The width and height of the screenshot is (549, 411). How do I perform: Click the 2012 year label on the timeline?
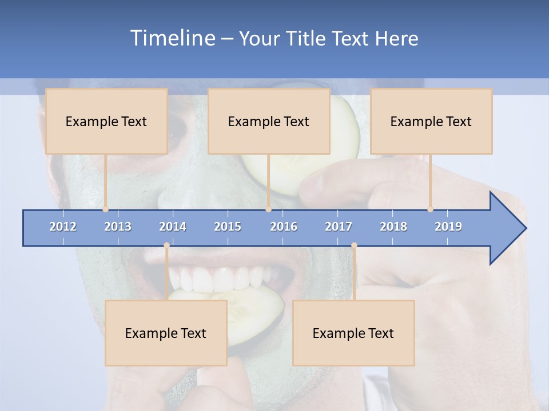tap(63, 227)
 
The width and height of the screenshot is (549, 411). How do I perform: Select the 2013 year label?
tap(118, 227)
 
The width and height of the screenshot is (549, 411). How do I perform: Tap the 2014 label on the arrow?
tap(173, 227)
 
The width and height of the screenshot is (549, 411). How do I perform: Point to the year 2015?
tap(228, 227)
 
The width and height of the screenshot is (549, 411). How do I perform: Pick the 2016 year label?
tap(284, 227)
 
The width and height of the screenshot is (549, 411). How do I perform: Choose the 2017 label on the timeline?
tap(339, 227)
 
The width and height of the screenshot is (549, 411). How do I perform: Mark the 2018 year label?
tap(393, 227)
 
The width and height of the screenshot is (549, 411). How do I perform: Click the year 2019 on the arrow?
tap(448, 227)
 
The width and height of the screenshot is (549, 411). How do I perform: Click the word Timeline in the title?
tap(172, 38)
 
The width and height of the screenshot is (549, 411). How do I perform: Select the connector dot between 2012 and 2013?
tap(105, 209)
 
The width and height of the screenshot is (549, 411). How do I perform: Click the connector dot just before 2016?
tap(268, 209)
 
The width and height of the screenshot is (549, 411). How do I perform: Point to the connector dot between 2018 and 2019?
tap(430, 209)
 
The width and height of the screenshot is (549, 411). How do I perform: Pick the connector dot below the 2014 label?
tap(166, 245)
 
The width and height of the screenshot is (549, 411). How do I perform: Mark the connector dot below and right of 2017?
tap(354, 245)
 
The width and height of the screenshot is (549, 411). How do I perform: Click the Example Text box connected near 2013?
tap(106, 122)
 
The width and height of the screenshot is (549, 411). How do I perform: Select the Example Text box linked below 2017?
tap(353, 333)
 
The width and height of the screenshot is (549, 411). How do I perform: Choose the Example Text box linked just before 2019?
tap(431, 122)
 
